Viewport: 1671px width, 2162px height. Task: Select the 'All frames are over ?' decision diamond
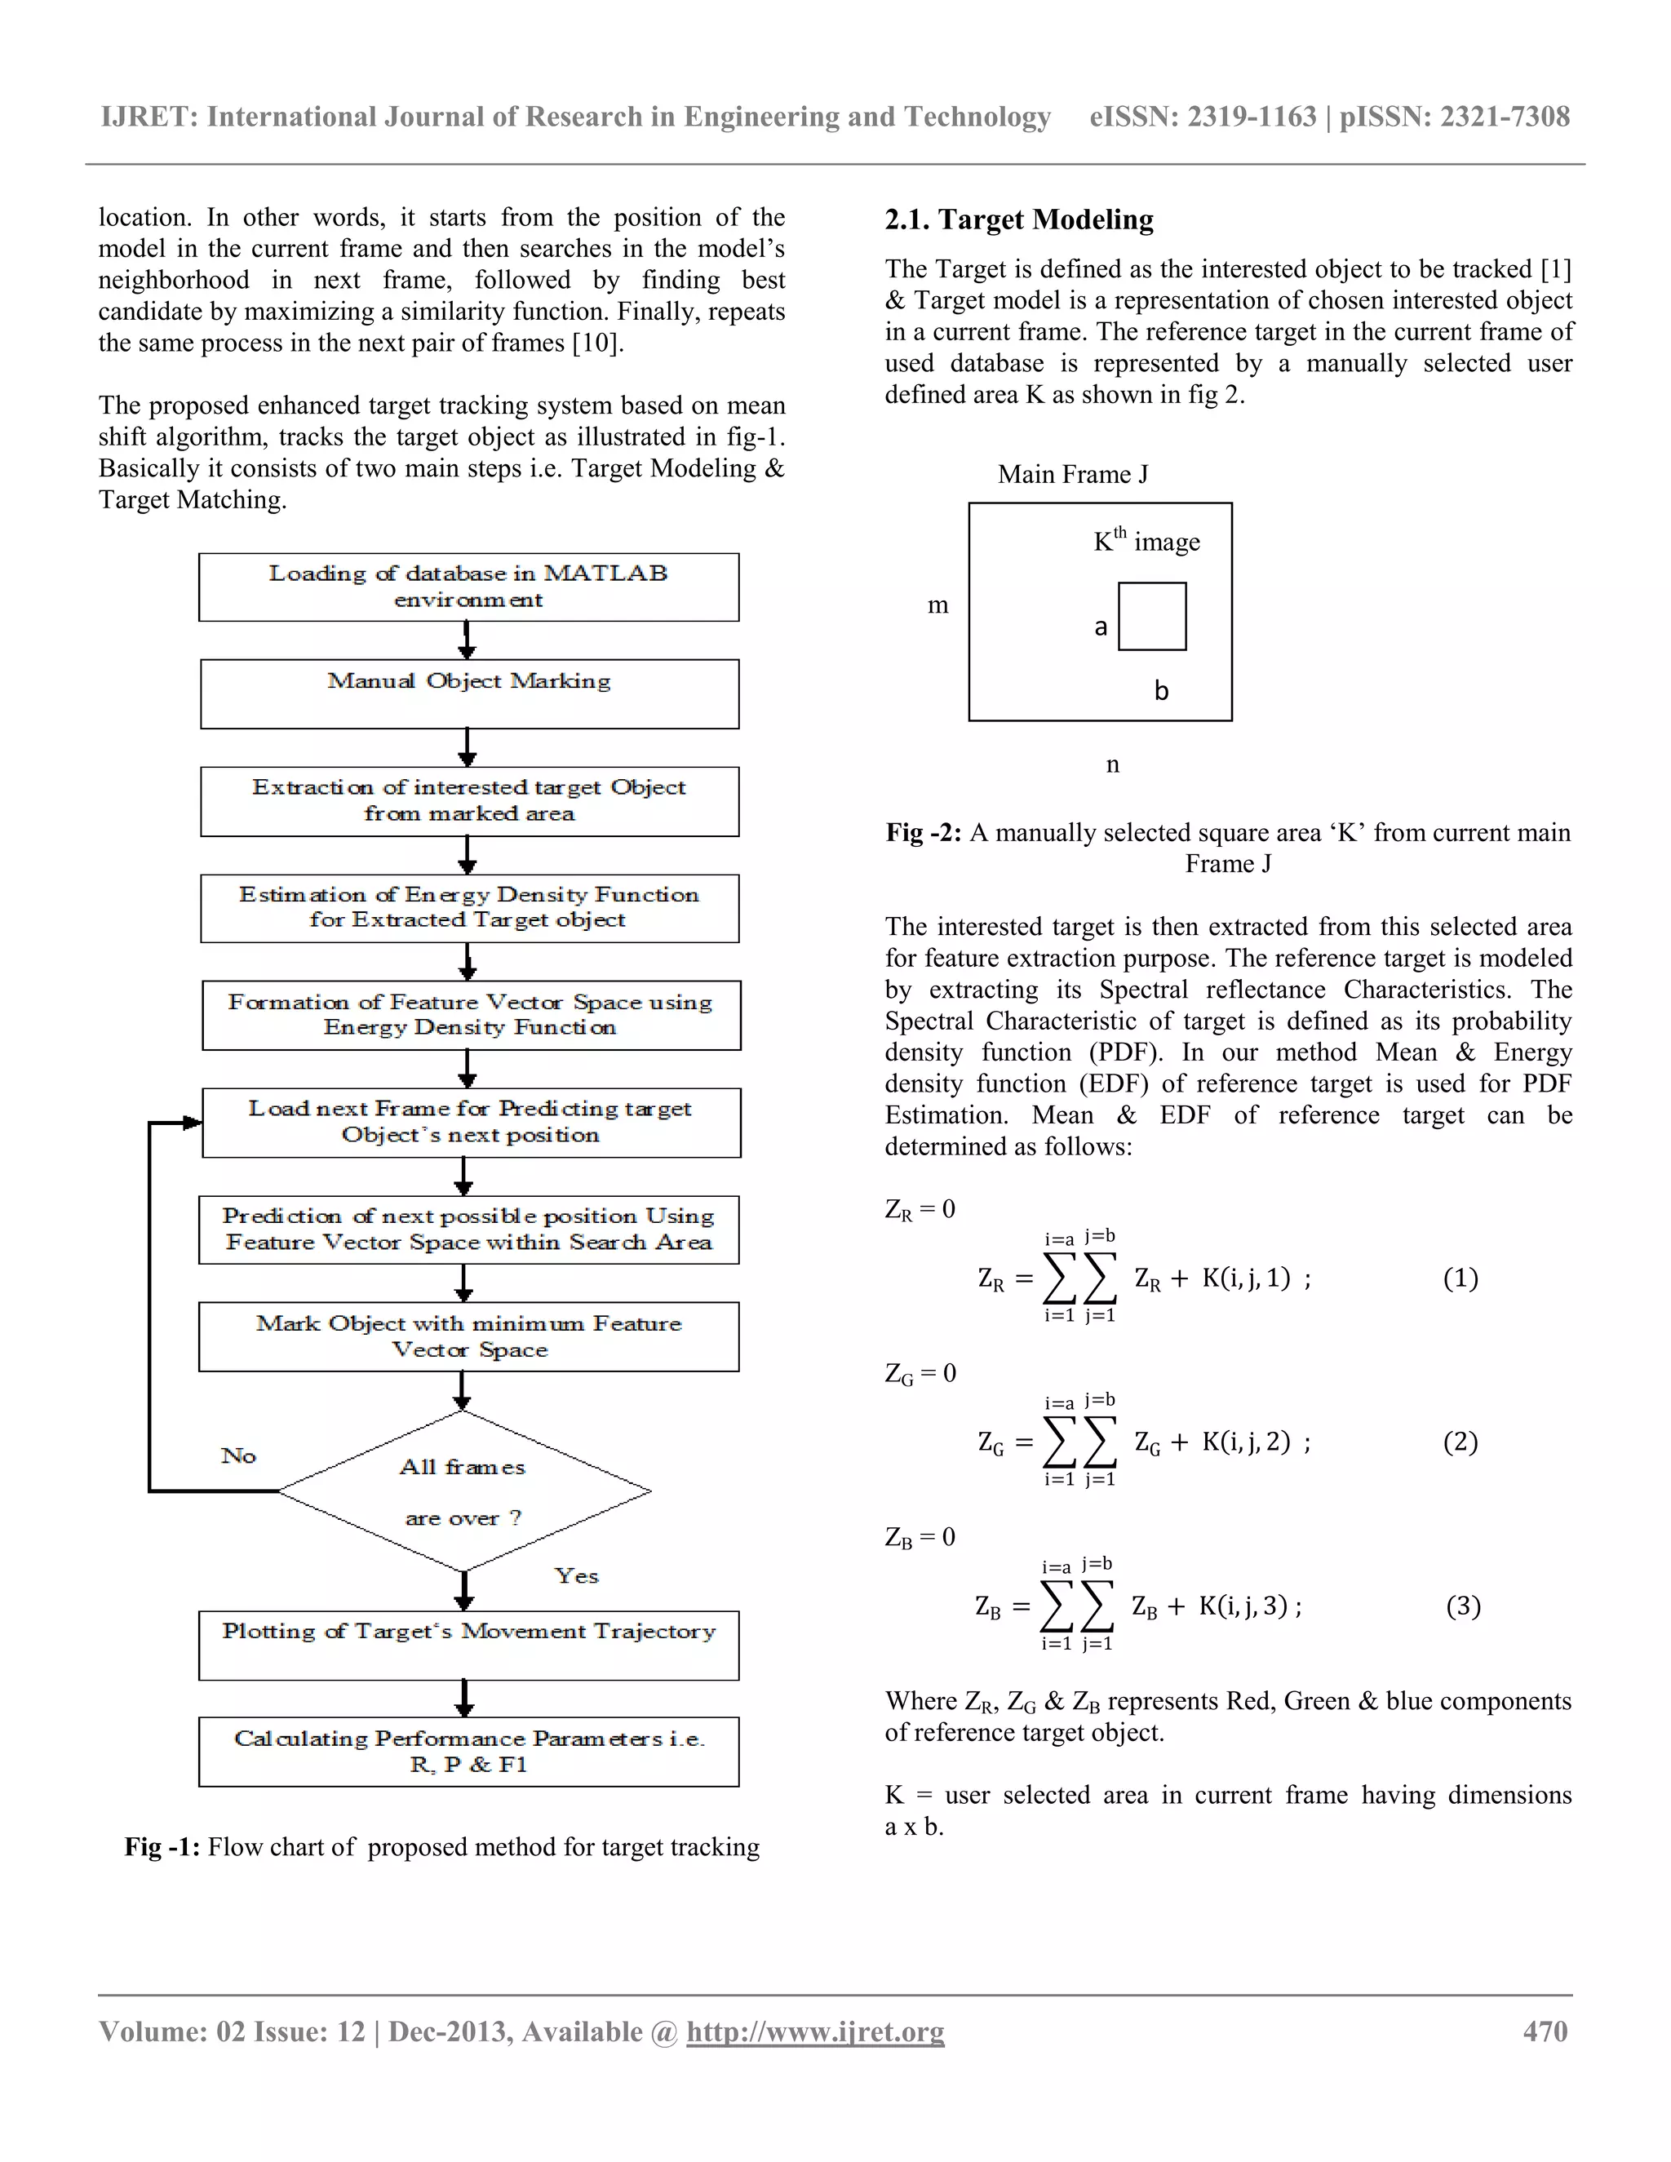coord(463,1491)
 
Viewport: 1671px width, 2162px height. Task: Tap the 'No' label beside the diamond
coord(238,1455)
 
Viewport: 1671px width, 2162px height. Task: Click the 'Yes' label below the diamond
coord(576,1576)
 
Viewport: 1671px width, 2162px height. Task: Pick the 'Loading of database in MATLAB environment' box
coord(468,587)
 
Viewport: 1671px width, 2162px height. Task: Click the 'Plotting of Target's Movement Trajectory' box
coord(468,1646)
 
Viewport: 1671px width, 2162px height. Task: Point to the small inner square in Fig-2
coord(1151,616)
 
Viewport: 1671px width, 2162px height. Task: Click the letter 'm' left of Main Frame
coord(937,605)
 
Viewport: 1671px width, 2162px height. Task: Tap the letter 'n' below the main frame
coord(1113,764)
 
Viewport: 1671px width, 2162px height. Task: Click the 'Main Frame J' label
coord(1073,474)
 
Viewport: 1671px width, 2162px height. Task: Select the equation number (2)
coord(1460,1442)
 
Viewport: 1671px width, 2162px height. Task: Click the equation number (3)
coord(1463,1606)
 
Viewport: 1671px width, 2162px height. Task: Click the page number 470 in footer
coord(1545,2031)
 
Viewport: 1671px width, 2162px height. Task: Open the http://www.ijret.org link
coord(815,2031)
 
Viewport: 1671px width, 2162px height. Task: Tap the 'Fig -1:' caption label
coord(162,1847)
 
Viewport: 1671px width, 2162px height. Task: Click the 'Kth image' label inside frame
coord(1146,540)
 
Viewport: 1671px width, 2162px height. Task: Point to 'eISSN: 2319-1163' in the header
coord(1202,117)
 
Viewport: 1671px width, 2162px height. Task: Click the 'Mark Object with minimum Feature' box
coord(468,1336)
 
